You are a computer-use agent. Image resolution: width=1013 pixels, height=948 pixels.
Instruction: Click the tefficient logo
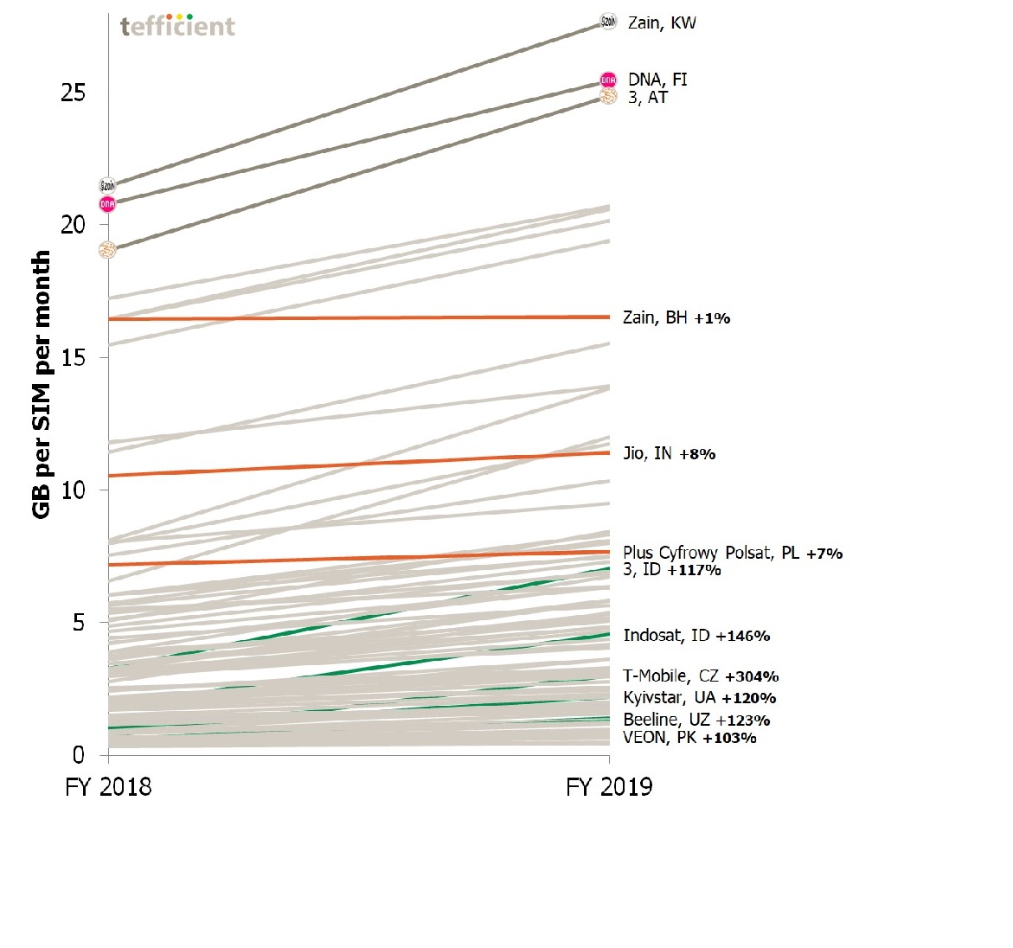177,26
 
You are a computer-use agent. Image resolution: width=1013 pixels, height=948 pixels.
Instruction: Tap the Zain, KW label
662,23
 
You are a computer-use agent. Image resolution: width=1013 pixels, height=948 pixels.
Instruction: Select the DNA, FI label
657,80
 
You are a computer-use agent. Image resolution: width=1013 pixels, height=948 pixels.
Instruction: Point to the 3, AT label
648,98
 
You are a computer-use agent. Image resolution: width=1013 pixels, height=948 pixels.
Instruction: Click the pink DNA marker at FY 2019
608,80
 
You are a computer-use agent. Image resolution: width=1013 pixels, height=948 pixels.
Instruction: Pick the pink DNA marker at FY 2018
107,204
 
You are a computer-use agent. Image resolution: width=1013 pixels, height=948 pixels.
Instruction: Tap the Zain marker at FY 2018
107,185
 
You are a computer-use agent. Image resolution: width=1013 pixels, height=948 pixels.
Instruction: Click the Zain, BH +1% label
676,318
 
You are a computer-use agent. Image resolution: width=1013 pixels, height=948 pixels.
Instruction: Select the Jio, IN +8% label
669,454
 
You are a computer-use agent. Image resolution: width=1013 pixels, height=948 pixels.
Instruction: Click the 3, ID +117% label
671,570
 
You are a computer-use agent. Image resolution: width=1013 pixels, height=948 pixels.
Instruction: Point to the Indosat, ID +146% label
696,636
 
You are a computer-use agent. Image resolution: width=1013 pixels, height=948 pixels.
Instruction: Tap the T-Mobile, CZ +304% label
701,676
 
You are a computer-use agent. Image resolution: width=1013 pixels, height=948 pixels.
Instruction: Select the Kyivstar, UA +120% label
699,698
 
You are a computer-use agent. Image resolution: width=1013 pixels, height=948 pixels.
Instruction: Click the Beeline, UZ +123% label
696,720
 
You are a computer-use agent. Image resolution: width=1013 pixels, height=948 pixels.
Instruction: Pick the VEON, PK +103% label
689,738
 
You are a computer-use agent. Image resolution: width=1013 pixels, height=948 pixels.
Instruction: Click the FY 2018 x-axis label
108,787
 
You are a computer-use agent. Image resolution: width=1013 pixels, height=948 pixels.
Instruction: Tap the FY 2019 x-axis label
609,787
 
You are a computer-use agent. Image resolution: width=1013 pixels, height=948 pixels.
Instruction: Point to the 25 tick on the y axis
74,93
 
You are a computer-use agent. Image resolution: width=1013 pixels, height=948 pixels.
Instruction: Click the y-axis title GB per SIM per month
42,385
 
